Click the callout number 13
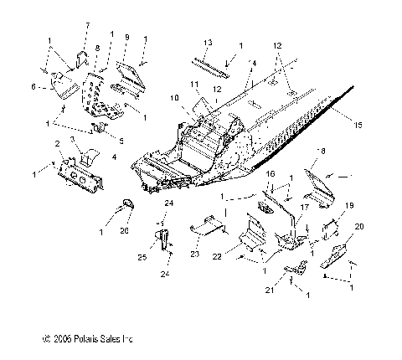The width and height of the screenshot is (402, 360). click(208, 42)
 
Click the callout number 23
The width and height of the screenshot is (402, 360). click(193, 255)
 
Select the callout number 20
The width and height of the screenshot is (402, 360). click(359, 228)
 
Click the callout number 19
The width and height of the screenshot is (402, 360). click(349, 204)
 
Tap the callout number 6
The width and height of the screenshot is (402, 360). click(33, 85)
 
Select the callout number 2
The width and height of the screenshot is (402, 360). click(57, 144)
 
